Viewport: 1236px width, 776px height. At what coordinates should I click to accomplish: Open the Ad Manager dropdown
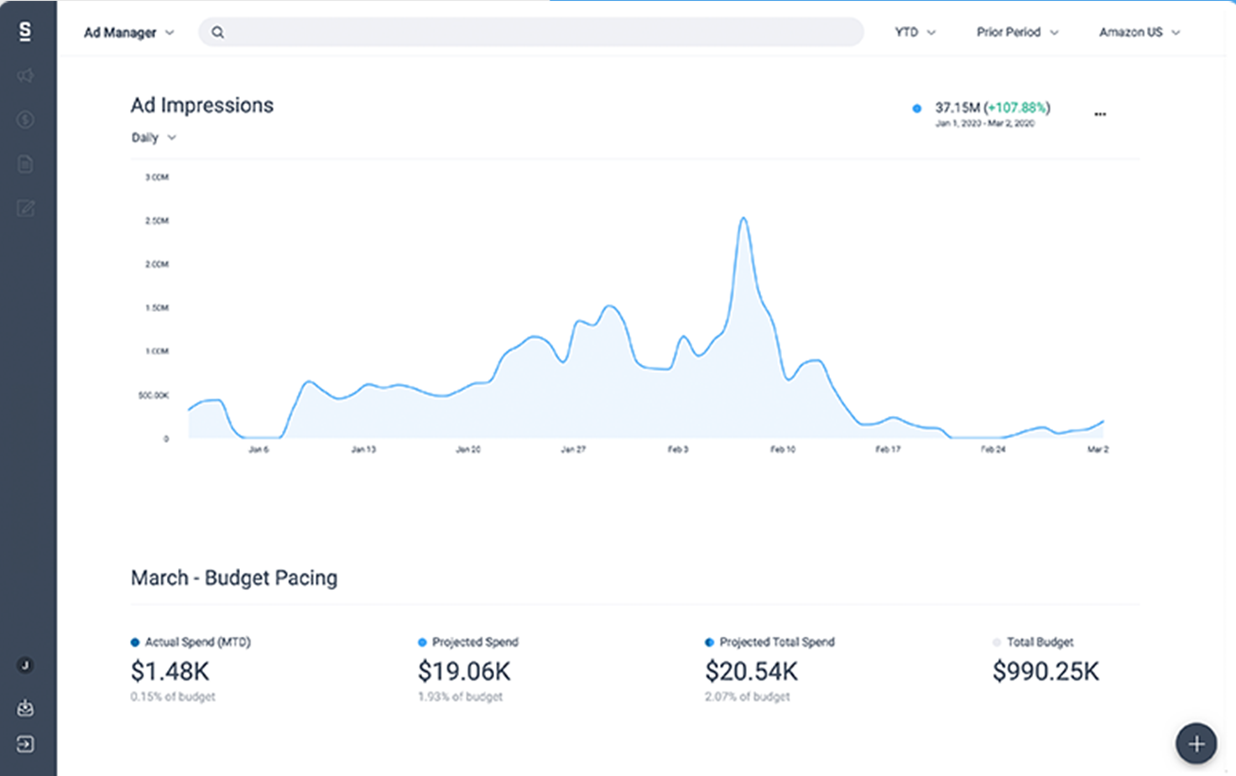[x=128, y=33]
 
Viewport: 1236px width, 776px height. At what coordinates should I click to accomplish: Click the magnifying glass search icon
[x=217, y=33]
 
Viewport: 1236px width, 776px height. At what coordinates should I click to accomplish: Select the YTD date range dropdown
[x=914, y=33]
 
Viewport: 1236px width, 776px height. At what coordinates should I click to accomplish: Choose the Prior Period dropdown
[x=1016, y=33]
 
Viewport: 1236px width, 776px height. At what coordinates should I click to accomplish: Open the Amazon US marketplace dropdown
[x=1139, y=33]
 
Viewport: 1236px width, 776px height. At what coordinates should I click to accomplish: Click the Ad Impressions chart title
[x=201, y=106]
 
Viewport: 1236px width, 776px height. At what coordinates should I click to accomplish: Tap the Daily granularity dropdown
[x=153, y=138]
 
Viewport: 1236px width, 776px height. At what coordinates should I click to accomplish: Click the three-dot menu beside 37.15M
[x=1099, y=114]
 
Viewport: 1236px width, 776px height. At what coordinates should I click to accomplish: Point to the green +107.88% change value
[x=1016, y=107]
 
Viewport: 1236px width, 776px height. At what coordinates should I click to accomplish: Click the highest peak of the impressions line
[x=743, y=219]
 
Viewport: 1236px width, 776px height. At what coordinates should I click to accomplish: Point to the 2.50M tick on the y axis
[x=157, y=221]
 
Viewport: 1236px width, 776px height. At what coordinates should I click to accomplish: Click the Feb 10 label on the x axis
[x=782, y=450]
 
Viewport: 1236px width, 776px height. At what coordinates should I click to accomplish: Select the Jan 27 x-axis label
[x=573, y=450]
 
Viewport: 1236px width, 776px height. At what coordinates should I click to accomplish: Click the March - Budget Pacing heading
[x=234, y=578]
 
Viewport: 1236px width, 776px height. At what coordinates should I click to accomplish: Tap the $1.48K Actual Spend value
[x=170, y=671]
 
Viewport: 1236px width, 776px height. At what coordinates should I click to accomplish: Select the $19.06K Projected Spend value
[x=464, y=671]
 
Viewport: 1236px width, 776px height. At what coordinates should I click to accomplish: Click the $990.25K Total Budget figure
[x=1045, y=671]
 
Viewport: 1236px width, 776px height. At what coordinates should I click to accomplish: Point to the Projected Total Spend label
[x=776, y=642]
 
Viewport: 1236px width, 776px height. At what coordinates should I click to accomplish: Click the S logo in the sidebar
[x=25, y=32]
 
